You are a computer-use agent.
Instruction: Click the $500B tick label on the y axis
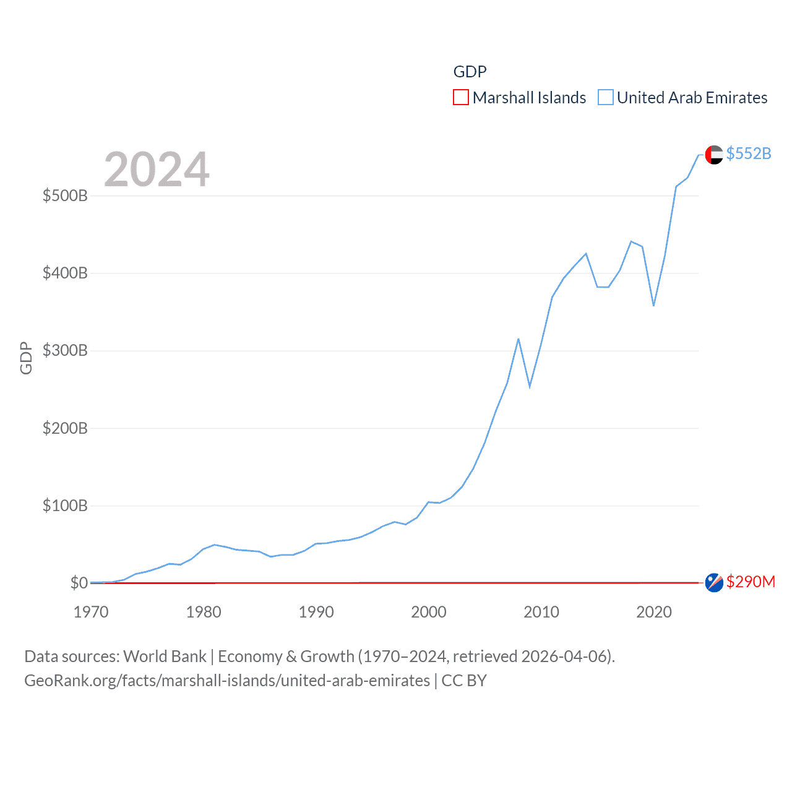coord(65,196)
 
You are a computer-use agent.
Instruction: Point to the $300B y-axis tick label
coord(65,351)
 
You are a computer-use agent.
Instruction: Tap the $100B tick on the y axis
coord(65,506)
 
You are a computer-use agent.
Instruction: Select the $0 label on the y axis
coord(79,583)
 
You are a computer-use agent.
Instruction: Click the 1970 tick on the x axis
coord(91,612)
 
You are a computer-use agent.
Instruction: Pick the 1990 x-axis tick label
coord(316,612)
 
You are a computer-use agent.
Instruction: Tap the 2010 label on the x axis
coord(541,612)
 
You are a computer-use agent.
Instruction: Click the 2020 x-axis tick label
coord(654,612)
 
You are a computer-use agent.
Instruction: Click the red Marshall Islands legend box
coord(461,98)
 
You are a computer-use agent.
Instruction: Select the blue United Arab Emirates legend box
coord(606,98)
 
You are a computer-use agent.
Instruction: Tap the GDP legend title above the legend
coord(470,72)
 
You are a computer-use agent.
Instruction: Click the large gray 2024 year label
coord(157,169)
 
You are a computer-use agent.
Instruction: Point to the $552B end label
coord(749,153)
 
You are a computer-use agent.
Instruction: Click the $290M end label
coord(751,582)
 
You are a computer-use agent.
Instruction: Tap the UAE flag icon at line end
coord(714,155)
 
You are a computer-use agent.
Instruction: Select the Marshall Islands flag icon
coord(714,582)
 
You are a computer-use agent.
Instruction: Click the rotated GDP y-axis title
coord(26,358)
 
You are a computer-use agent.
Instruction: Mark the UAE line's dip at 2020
coord(653,306)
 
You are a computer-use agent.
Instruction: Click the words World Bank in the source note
coord(165,656)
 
